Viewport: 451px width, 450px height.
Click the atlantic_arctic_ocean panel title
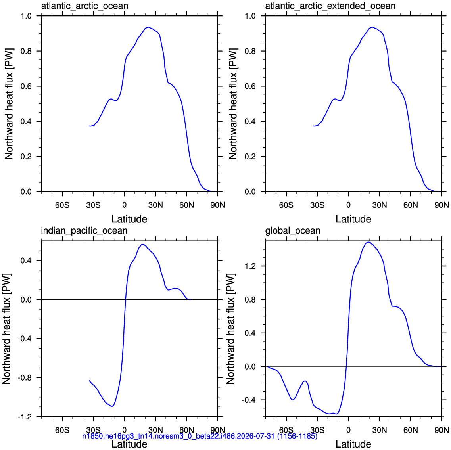84,6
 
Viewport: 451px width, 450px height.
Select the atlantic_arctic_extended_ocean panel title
330,6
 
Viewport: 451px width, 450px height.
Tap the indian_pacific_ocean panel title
84,231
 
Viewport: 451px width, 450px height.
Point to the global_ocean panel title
293,231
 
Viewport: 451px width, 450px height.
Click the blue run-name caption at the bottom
200,436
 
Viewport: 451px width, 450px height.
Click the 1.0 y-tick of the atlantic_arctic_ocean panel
26,16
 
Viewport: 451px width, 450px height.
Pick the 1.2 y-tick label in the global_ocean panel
250,266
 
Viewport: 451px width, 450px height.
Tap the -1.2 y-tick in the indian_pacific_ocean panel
25,417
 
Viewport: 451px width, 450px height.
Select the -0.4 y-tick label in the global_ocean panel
249,400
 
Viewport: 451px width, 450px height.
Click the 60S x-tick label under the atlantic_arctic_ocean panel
62,205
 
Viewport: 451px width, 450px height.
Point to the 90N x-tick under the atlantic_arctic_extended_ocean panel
442,205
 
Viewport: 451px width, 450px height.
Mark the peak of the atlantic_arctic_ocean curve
148,27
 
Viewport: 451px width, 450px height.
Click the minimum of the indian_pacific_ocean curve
112,406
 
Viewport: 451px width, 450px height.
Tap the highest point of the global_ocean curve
368,242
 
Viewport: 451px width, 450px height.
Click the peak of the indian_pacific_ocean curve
143,244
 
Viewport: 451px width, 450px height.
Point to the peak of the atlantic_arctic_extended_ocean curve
372,27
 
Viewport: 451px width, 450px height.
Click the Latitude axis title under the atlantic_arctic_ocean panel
129,219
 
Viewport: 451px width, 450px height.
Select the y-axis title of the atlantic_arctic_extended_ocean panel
233,104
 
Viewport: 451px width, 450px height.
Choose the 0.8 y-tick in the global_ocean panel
250,300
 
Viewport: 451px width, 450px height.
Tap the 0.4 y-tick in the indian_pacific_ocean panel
26,260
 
